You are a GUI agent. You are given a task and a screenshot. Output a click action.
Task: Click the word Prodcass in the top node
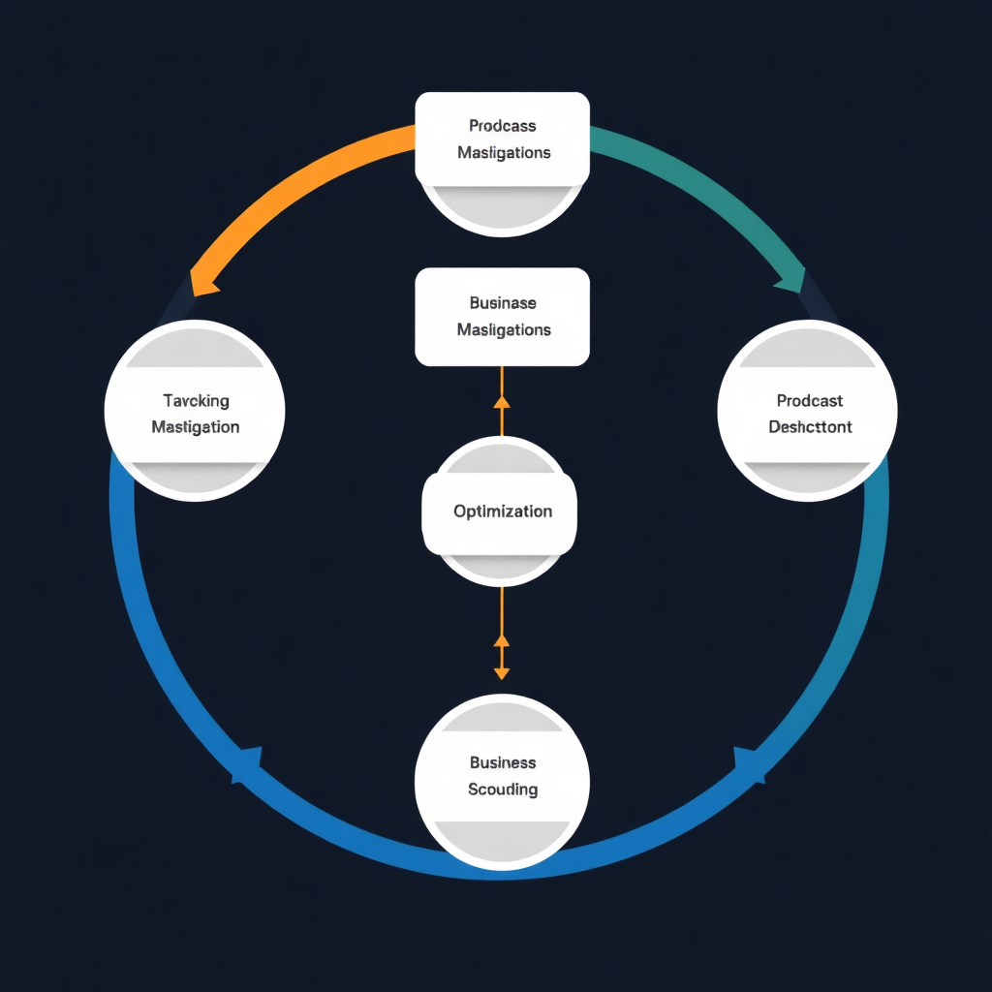(x=502, y=126)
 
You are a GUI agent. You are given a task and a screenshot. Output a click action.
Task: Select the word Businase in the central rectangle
(x=502, y=303)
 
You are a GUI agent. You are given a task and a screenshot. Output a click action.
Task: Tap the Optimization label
(x=502, y=511)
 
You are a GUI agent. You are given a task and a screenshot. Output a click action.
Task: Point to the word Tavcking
(x=196, y=401)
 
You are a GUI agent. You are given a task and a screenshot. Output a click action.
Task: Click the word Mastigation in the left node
(x=196, y=427)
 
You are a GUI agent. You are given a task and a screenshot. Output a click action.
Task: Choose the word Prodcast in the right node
(x=810, y=401)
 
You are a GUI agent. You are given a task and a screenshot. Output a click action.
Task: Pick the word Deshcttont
(x=810, y=427)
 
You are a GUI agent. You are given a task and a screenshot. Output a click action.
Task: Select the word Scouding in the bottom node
(x=502, y=790)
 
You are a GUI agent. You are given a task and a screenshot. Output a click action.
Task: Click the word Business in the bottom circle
(x=502, y=763)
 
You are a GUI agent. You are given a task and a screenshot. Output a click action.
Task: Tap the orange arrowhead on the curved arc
(x=204, y=282)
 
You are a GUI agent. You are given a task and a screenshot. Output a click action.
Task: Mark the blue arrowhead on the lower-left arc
(x=248, y=764)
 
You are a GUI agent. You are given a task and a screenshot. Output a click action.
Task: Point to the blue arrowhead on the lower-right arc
(x=749, y=763)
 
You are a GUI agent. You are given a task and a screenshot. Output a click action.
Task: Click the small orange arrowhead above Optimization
(x=501, y=402)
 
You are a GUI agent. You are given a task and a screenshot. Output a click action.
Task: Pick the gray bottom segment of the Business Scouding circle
(x=502, y=837)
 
